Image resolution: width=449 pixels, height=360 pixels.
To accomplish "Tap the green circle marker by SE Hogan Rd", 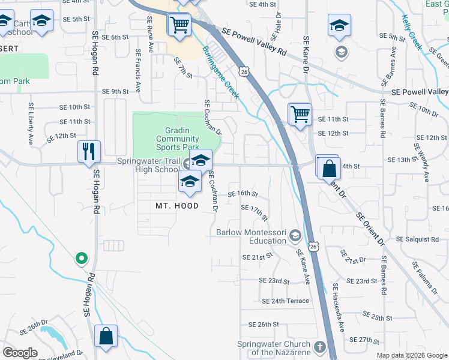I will (x=82, y=259).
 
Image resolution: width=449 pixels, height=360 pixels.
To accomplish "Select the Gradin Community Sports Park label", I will (x=177, y=139).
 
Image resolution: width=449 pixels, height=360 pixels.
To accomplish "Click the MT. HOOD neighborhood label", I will (x=177, y=206).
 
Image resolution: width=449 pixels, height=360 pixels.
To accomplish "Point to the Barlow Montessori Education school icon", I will (x=295, y=235).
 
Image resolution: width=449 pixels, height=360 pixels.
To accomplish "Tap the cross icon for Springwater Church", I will (x=320, y=347).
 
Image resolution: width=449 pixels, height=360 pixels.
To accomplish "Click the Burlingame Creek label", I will (x=220, y=73).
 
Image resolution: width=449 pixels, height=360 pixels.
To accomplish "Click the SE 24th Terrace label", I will (x=285, y=301).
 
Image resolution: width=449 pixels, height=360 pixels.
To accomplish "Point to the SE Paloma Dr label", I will (x=424, y=278).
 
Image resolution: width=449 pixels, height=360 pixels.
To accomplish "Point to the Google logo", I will (x=19, y=353).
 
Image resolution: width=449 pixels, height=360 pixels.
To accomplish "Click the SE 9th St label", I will (x=115, y=92).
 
